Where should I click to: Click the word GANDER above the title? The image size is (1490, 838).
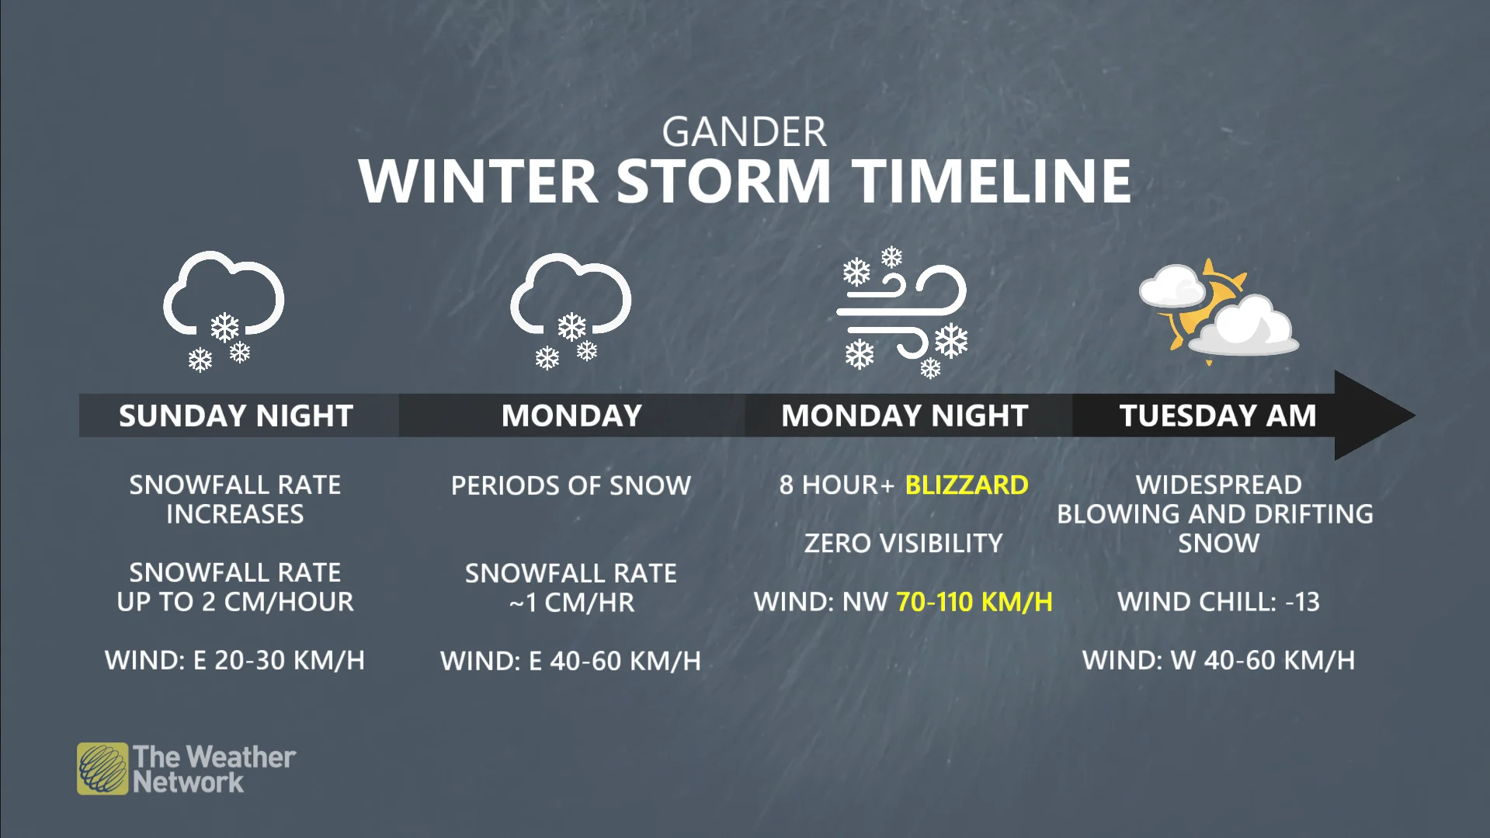tap(744, 132)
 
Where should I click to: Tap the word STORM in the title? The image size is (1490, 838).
tap(724, 181)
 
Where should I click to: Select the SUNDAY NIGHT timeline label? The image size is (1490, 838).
tap(236, 416)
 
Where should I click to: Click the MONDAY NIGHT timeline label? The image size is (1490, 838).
tap(905, 416)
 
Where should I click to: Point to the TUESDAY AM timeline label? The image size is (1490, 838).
tap(1217, 416)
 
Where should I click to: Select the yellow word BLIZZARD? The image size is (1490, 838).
tap(967, 485)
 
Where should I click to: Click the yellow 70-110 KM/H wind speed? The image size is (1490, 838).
tap(974, 601)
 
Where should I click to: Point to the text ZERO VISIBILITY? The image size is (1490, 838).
tap(904, 543)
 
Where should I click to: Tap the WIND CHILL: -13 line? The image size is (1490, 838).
tap(1218, 601)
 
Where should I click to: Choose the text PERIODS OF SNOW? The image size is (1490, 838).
tap(571, 485)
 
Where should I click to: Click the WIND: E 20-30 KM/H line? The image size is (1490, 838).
tap(234, 660)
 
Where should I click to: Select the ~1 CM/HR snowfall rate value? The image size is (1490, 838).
tap(571, 603)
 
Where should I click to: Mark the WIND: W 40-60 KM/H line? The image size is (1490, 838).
tap(1218, 660)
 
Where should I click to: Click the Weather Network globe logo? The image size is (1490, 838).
tap(102, 769)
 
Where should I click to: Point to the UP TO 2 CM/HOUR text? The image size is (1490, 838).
tap(235, 602)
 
